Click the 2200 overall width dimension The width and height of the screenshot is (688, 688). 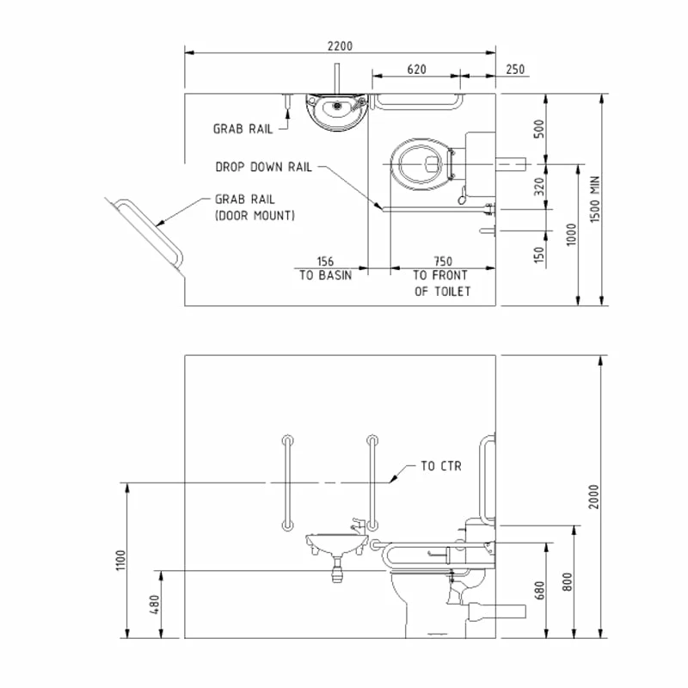point(341,46)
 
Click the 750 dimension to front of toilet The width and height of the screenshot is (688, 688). point(442,261)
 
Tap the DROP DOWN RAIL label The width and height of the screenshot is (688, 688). point(263,168)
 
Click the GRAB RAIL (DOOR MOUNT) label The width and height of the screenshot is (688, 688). point(255,207)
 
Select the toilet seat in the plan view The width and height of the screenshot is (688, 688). point(421,163)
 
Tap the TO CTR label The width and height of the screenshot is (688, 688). point(441,466)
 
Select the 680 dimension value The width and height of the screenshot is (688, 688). point(540,591)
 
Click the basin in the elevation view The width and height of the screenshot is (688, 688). point(337,544)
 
